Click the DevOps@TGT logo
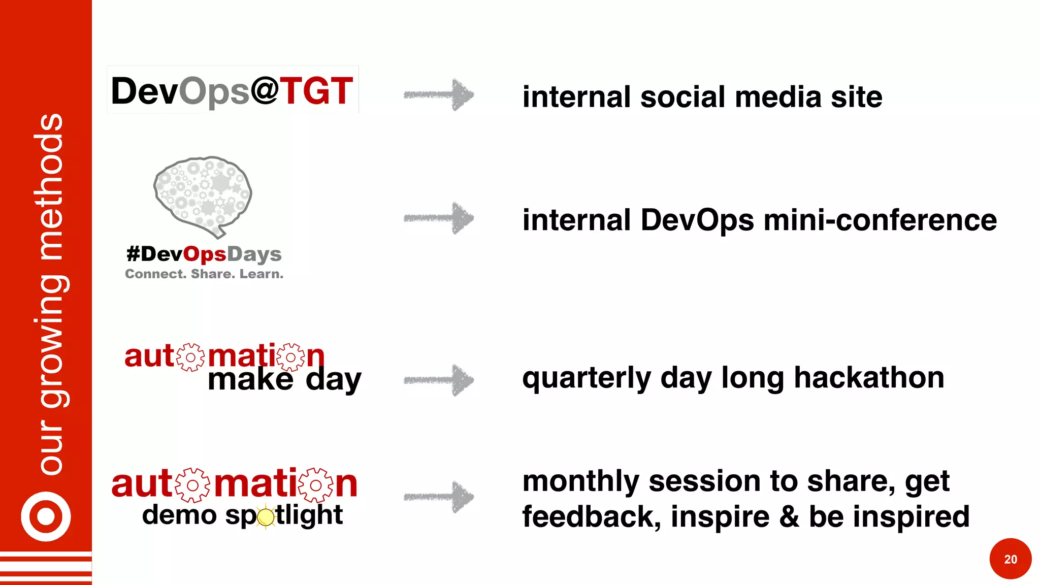click(x=233, y=90)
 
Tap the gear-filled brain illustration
click(x=203, y=195)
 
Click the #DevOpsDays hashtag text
click(x=204, y=254)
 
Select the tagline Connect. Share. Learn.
click(x=204, y=274)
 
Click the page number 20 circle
click(x=1010, y=559)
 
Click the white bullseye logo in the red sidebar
click(x=46, y=516)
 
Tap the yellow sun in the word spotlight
click(x=266, y=517)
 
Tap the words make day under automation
click(x=284, y=380)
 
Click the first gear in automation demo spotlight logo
click(x=192, y=485)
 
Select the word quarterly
click(x=587, y=378)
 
